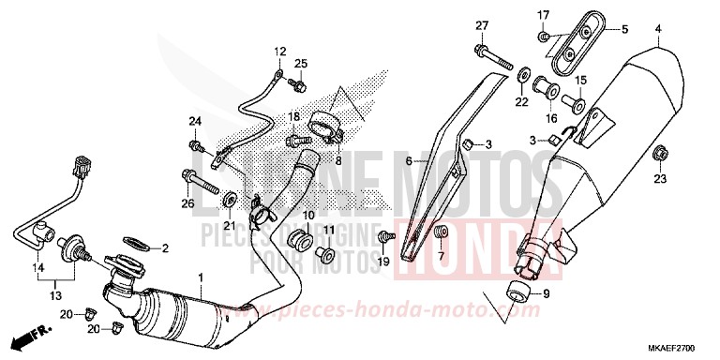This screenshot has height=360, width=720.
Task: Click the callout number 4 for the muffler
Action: (658, 29)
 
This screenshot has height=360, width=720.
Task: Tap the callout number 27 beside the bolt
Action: (482, 25)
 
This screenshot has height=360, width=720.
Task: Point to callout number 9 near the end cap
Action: (547, 293)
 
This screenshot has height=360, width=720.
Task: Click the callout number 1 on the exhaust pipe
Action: (200, 277)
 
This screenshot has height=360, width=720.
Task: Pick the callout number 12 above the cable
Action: (278, 51)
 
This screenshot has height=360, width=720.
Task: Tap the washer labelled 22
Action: (522, 75)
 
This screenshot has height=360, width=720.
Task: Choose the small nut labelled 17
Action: (545, 37)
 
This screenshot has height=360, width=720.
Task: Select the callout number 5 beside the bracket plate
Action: (625, 29)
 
